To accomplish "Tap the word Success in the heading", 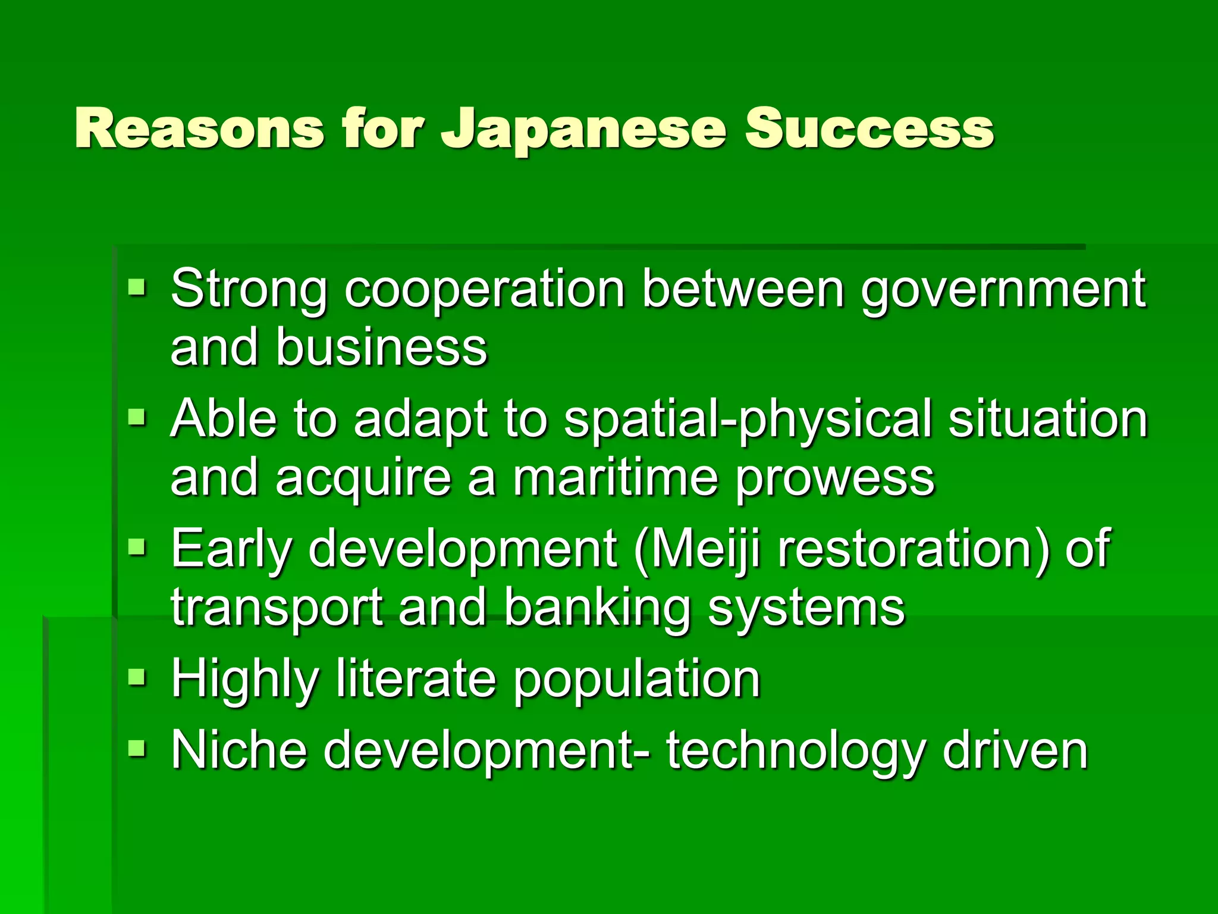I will (x=869, y=129).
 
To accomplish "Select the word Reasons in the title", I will (x=199, y=129).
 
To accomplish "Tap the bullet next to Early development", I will (x=137, y=547).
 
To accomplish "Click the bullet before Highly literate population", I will (x=137, y=677).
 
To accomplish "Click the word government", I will (x=1003, y=290).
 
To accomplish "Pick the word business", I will (x=381, y=348).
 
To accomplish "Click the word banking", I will (x=597, y=609).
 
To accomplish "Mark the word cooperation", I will (x=485, y=290).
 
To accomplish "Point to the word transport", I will (x=277, y=609).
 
